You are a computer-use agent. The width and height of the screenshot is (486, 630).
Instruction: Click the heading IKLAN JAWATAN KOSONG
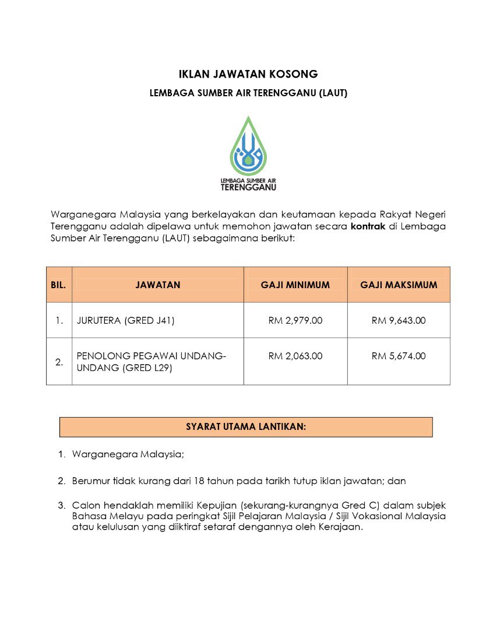tap(248, 74)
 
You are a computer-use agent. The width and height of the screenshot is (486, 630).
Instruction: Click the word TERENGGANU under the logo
tap(248, 188)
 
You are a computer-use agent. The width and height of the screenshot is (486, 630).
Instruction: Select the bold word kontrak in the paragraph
tap(368, 226)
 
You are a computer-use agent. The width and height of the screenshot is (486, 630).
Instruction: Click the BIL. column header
tap(59, 285)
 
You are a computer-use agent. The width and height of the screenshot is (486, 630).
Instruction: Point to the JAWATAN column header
tap(158, 285)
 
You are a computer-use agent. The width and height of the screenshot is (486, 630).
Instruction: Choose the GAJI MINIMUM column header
tap(295, 285)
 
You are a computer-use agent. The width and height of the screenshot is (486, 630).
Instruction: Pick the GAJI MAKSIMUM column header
tap(399, 285)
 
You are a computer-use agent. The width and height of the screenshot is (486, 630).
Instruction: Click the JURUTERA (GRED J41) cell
tap(125, 320)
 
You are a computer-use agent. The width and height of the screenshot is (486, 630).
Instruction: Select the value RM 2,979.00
tap(295, 320)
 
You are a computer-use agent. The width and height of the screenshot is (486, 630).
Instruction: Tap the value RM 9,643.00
tap(399, 320)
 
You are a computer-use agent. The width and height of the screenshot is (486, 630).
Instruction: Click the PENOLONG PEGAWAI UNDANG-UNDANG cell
tap(152, 362)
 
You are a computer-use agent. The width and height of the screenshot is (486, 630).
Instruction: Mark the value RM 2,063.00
tap(295, 356)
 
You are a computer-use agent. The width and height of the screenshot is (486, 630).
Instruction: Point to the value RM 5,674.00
tap(399, 356)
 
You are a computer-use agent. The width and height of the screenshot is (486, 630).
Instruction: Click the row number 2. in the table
tap(59, 362)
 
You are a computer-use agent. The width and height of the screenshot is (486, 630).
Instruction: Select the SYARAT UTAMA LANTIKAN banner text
tap(246, 426)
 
